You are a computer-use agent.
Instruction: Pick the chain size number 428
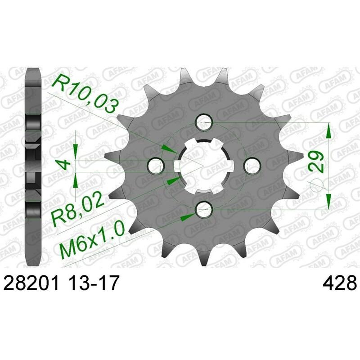[x=340, y=284]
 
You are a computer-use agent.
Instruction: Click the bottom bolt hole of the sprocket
[x=205, y=208]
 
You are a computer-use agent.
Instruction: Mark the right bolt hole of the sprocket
[x=252, y=165]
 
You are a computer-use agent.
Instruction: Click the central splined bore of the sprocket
[x=205, y=165]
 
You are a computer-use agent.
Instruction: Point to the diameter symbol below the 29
[x=316, y=183]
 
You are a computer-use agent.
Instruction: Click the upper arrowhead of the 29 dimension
[x=329, y=131]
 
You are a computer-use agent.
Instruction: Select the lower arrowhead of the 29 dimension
[x=329, y=200]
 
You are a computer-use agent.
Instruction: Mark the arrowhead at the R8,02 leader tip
[x=173, y=180]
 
